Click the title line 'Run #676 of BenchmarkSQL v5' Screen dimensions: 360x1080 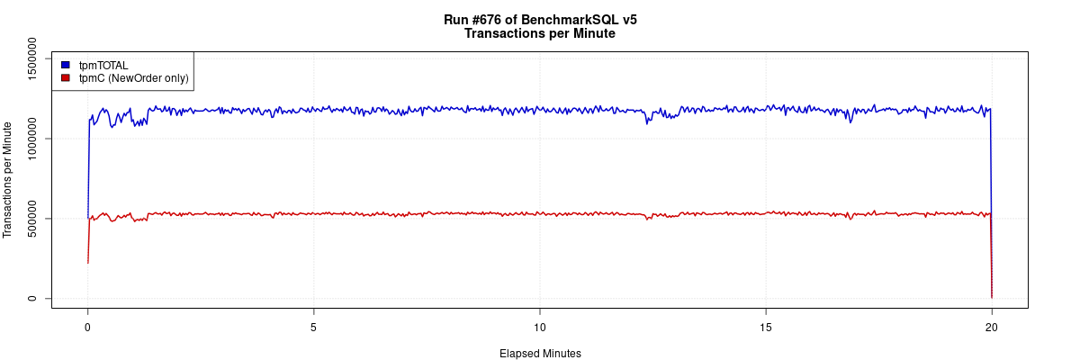pos(539,20)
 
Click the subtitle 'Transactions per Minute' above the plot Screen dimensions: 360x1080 pos(539,34)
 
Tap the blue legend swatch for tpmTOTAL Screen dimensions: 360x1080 pos(65,65)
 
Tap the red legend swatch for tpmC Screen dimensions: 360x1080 pos(65,78)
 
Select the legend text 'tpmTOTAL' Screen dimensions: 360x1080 pos(103,65)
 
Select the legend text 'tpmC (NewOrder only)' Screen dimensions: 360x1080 pos(133,78)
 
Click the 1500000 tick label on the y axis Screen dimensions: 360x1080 pos(33,58)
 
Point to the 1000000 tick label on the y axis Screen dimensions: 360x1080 pos(33,139)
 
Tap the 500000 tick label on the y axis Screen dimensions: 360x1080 pos(33,219)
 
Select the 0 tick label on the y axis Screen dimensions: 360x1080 pos(33,298)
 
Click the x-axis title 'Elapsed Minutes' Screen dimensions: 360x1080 pos(540,354)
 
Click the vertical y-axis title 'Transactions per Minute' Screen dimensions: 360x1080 pos(9,180)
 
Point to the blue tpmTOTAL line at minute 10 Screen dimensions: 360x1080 pos(539,110)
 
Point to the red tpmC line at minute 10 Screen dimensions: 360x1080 pos(539,214)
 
